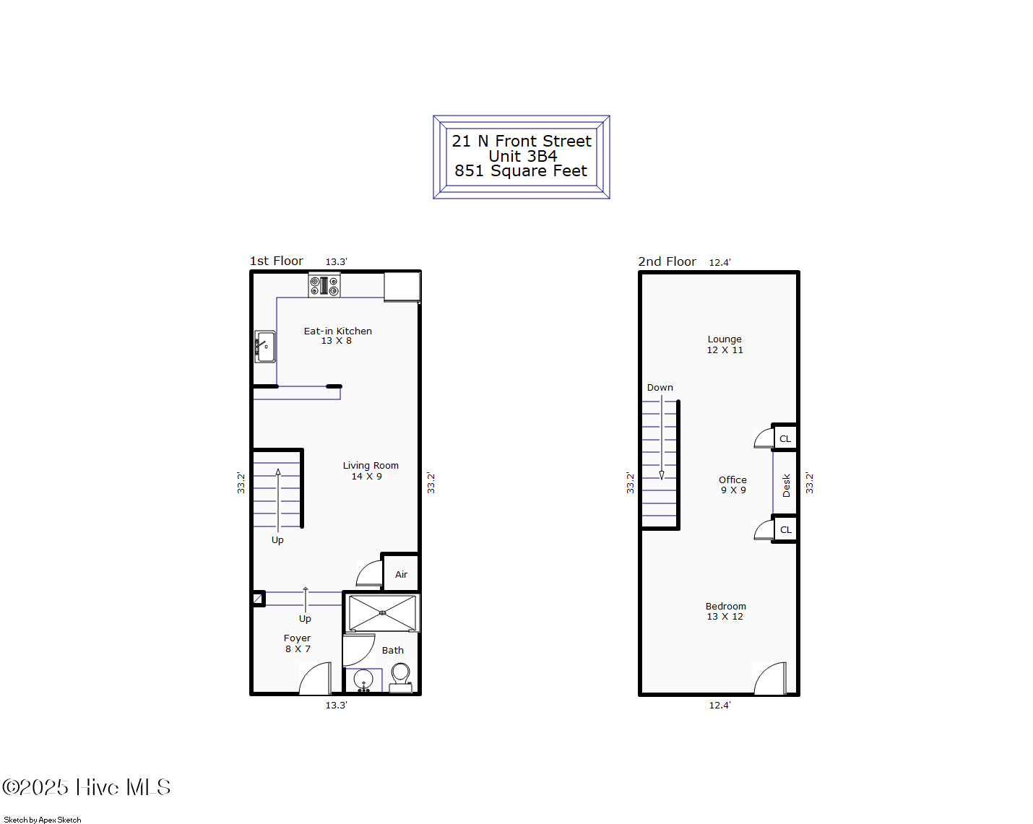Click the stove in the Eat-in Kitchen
point(324,285)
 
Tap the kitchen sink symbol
point(264,347)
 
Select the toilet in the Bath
point(400,676)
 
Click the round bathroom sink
point(363,680)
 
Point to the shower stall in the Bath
point(382,613)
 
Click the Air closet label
point(401,575)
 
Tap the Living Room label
point(371,466)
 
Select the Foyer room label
point(297,638)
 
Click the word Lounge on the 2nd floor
point(725,339)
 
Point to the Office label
point(732,480)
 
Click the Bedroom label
point(726,607)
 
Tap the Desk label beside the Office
point(786,485)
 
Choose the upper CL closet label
point(785,439)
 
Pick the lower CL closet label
point(785,530)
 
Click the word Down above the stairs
point(660,388)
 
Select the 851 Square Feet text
point(521,171)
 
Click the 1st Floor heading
point(277,261)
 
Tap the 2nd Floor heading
point(667,261)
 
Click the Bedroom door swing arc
point(769,679)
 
